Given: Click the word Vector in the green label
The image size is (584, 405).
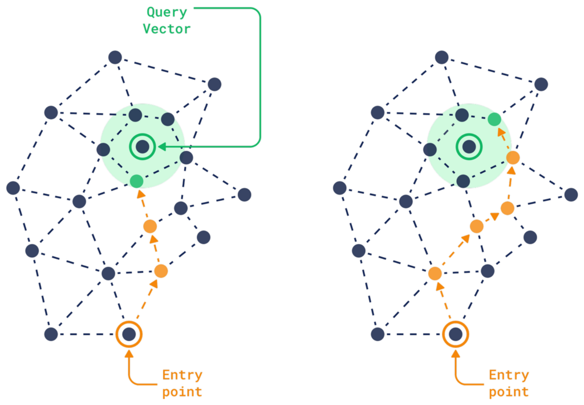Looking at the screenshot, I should tap(167, 29).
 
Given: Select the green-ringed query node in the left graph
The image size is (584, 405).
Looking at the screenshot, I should tap(142, 147).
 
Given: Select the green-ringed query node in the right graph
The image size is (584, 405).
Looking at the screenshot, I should tap(469, 147).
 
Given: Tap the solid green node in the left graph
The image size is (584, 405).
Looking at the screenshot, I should tap(136, 181).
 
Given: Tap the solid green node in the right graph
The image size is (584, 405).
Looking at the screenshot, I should tap(494, 119).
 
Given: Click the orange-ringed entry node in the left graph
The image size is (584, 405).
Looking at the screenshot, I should tap(129, 334).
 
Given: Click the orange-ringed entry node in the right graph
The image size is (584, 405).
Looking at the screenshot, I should tap(456, 334).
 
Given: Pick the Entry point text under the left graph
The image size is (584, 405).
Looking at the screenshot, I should tap(182, 383).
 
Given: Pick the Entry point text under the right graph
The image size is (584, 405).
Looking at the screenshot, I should tap(509, 383).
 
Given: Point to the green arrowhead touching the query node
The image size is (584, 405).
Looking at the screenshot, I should tap(161, 147).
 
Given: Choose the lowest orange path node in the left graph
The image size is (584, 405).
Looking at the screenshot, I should tap(161, 271).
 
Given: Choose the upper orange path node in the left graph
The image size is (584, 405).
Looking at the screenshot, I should tap(150, 226).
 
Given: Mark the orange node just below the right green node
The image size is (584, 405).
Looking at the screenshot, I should tap(513, 158).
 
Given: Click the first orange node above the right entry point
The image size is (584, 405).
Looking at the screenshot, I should tap(435, 274).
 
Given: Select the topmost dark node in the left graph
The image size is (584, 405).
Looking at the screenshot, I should tap(115, 57).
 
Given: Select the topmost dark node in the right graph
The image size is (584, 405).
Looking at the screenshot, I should tap(441, 57).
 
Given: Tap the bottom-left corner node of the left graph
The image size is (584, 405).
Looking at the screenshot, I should tap(51, 334).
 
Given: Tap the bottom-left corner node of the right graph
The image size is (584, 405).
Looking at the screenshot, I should tap(378, 334).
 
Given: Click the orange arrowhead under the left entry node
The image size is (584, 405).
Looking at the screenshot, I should tap(129, 354).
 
